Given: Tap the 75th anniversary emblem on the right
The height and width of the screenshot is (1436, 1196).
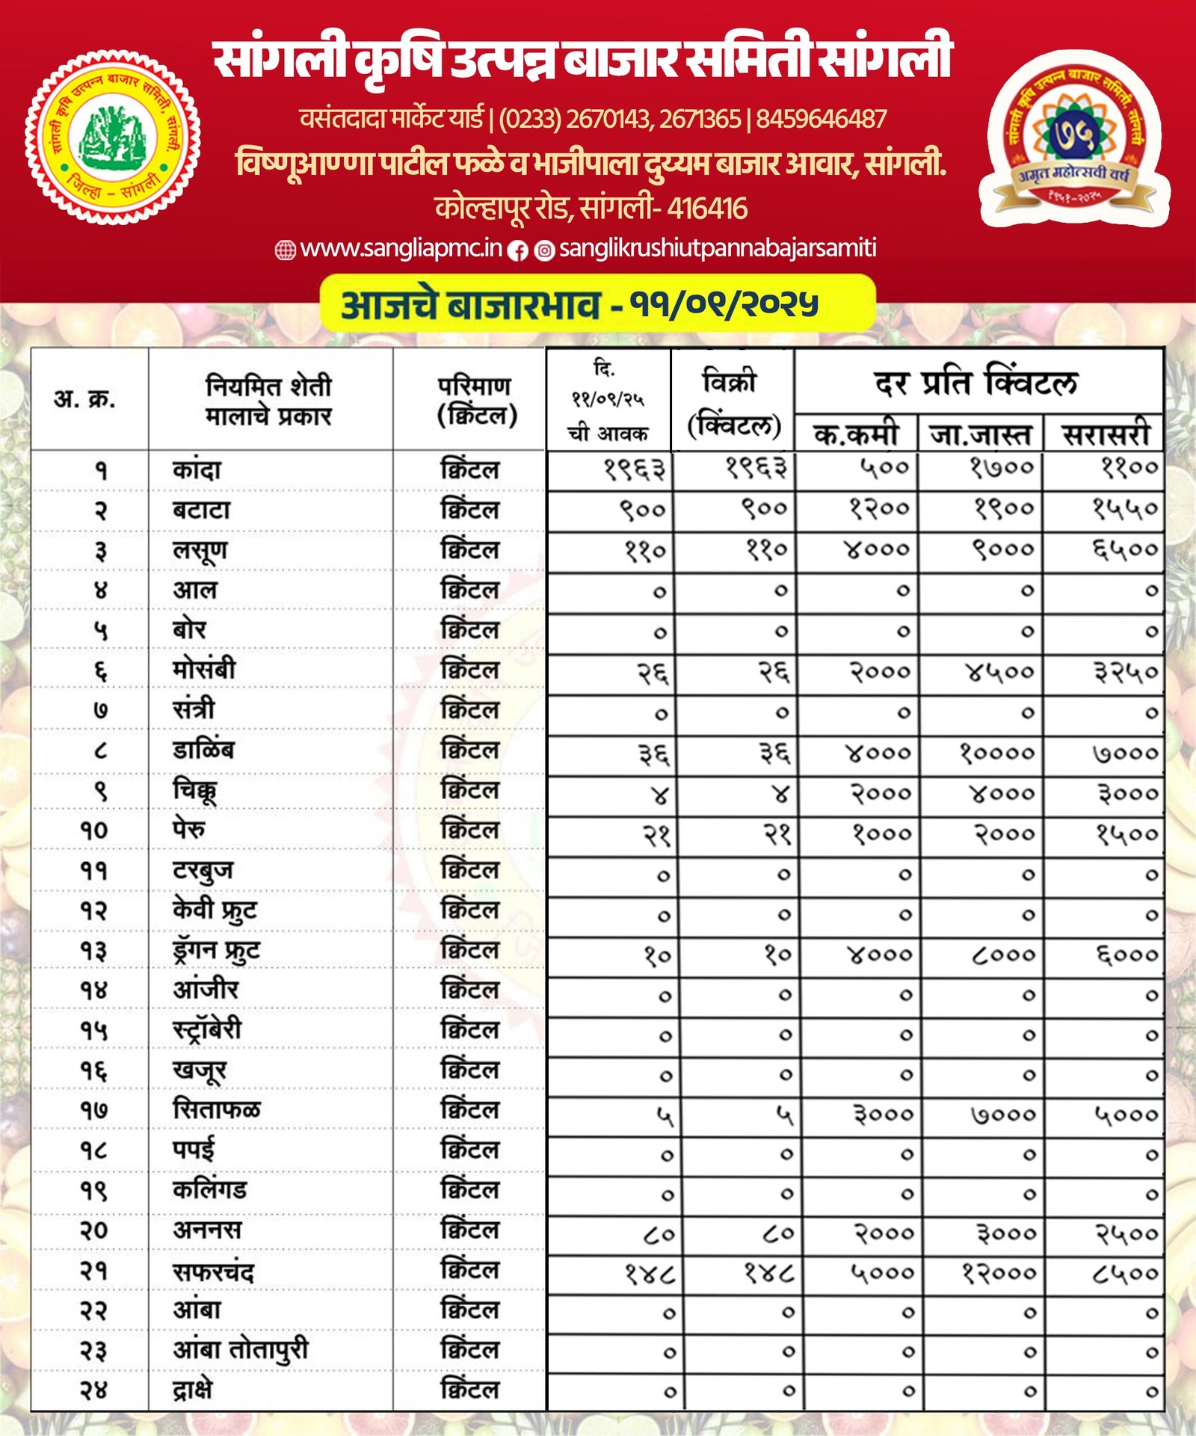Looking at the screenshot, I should click(x=1073, y=138).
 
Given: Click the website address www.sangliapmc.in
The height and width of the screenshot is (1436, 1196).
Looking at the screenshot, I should click(x=401, y=249).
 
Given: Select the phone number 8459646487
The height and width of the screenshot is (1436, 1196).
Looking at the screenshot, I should click(x=821, y=119).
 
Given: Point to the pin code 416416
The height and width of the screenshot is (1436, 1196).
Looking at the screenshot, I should click(x=706, y=209).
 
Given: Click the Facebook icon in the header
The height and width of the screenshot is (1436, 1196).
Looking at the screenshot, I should click(x=517, y=250).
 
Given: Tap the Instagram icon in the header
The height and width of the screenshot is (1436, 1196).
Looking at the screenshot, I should click(x=545, y=250).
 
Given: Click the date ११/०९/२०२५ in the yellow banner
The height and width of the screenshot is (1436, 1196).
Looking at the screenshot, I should click(x=724, y=303).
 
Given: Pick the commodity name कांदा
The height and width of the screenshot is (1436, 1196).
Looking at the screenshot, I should click(x=197, y=470).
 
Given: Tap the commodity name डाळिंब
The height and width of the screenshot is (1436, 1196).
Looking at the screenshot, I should click(x=203, y=750).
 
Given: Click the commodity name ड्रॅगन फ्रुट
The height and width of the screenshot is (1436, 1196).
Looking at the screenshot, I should click(x=216, y=950).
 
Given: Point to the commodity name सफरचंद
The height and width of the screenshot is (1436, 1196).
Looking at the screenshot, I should click(x=213, y=1272).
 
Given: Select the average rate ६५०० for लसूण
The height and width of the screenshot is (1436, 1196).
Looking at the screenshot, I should click(x=1125, y=550).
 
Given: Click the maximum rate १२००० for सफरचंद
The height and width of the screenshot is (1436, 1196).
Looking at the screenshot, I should click(x=999, y=1272).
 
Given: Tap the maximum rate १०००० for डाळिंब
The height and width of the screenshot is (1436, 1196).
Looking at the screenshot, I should click(x=997, y=752).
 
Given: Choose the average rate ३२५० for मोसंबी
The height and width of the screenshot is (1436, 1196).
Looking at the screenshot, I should click(x=1126, y=672).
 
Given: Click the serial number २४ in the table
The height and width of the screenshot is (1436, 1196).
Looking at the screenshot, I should click(x=94, y=1391).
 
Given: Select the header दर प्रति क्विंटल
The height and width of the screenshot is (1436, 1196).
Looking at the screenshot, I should click(x=976, y=383).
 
